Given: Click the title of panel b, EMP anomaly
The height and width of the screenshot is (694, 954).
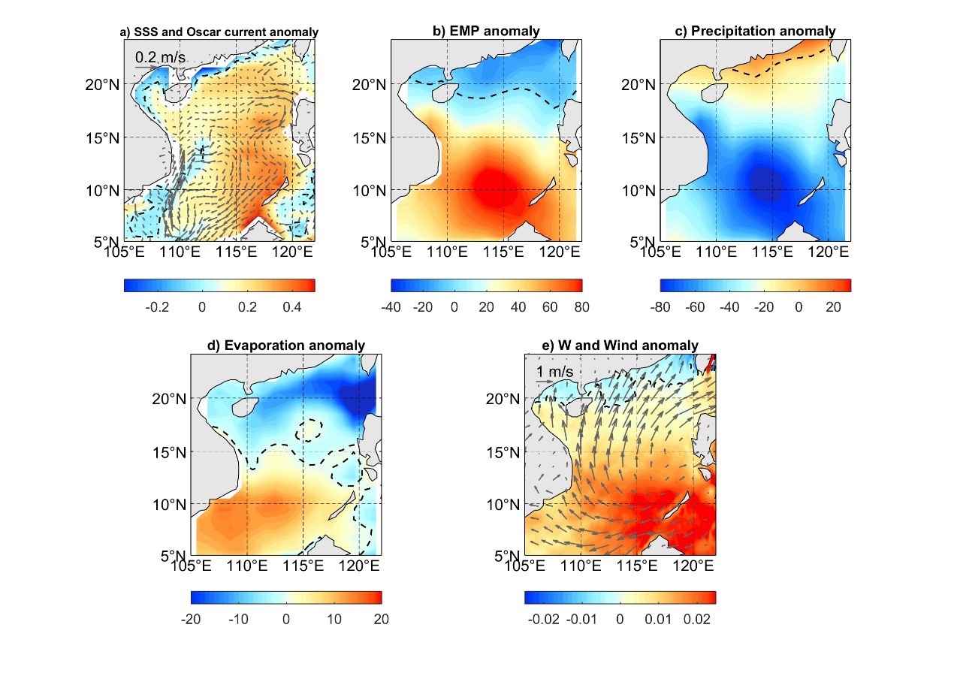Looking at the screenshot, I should tap(486, 31).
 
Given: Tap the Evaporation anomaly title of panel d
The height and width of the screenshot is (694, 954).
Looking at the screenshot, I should tap(285, 345).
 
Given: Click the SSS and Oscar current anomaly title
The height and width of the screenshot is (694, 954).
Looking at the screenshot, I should tap(219, 32).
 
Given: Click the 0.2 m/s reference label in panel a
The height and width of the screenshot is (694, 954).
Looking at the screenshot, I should tap(160, 56).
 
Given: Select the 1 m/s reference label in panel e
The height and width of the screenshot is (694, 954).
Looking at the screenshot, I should tap(555, 372).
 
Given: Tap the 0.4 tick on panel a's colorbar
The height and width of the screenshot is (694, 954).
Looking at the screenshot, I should tap(292, 307).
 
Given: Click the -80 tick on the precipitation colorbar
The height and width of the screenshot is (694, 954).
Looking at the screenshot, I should tap(666, 307).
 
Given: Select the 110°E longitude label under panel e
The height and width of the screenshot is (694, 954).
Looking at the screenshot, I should tap(581, 566).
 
